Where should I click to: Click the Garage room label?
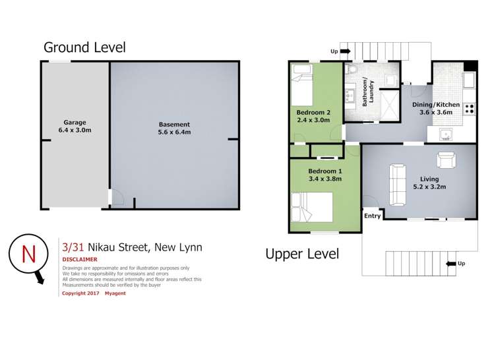click(75, 123)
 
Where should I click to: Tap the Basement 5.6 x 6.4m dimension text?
click(174, 133)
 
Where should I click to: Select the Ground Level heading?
click(84, 47)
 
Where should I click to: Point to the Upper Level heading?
click(302, 254)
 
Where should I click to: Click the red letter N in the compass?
click(28, 254)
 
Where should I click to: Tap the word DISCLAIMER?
click(80, 260)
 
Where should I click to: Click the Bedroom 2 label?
click(313, 113)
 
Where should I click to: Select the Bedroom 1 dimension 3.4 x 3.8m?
click(324, 179)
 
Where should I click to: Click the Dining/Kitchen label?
click(436, 105)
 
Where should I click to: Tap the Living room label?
click(429, 179)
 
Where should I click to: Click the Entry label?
click(373, 216)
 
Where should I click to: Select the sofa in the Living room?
click(398, 185)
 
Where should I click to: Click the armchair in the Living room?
click(446, 160)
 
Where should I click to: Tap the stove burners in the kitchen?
click(470, 109)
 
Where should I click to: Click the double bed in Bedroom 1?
click(311, 207)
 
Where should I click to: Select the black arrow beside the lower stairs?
click(451, 264)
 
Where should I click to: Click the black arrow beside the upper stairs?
click(346, 51)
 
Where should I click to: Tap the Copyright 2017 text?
click(80, 293)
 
